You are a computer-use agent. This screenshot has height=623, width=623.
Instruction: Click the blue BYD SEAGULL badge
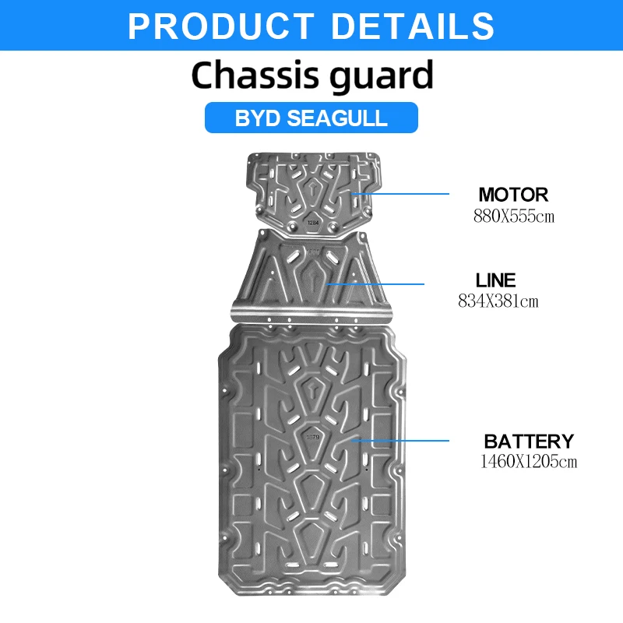[x=311, y=118]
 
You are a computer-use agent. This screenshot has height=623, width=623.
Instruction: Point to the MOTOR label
[x=513, y=195]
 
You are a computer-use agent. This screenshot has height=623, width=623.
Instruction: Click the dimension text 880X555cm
[x=514, y=216]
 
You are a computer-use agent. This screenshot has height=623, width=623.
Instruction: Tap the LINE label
[x=496, y=280]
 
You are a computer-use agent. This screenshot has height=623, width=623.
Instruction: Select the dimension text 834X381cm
[x=498, y=301]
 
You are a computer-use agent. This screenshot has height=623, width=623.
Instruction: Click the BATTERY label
[x=529, y=442]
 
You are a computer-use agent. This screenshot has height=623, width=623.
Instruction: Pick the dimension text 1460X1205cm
[x=530, y=462]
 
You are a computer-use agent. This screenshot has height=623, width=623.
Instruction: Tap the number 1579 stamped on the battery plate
[x=312, y=437]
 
